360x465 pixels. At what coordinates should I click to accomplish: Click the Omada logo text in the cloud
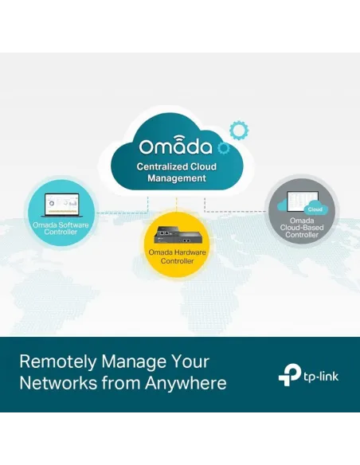tap(175, 145)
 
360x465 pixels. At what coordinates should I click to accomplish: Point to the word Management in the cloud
tap(177, 178)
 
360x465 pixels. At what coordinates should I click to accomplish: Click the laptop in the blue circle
tap(61, 205)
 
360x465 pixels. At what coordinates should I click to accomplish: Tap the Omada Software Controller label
tap(61, 229)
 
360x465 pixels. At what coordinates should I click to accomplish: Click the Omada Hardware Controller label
tap(177, 256)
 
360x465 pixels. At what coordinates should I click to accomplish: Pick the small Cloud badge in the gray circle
tap(315, 209)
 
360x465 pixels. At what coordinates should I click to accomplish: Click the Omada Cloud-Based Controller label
tap(302, 228)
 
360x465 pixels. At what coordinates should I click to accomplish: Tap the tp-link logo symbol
tap(289, 375)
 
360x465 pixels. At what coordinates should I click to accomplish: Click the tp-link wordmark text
tap(320, 377)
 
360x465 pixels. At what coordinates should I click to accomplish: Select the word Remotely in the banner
tap(58, 361)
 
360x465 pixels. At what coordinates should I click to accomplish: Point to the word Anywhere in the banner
tap(186, 383)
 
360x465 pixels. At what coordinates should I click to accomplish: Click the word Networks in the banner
tap(58, 383)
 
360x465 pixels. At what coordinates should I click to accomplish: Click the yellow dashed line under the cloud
tap(177, 204)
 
